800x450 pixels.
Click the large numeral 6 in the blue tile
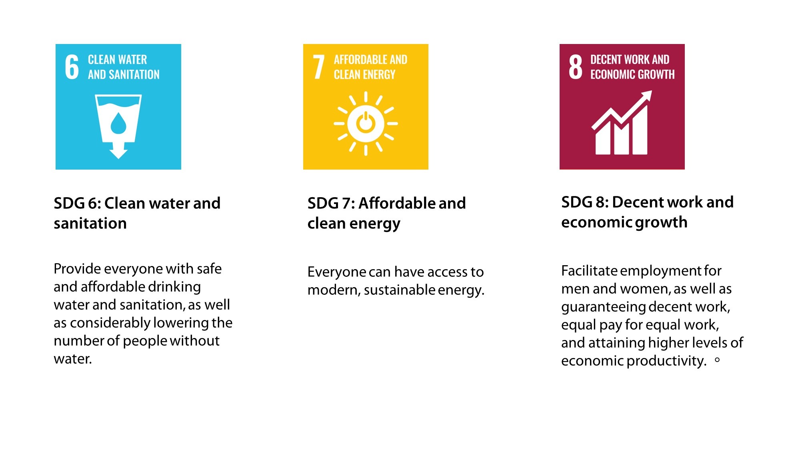[72, 67]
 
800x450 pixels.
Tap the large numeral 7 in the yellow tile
[318, 67]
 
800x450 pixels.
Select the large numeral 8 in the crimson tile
[575, 67]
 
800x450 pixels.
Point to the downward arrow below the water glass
[118, 152]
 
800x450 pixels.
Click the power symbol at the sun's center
[366, 123]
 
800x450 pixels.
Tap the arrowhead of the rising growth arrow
[646, 97]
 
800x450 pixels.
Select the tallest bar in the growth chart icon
[640, 132]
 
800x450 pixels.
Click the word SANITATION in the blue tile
[134, 75]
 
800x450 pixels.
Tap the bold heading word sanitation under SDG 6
[90, 223]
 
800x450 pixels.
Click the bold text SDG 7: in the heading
[331, 203]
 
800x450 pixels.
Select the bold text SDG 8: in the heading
[584, 202]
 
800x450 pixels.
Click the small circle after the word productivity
[717, 360]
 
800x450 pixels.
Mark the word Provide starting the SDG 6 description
[77, 269]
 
